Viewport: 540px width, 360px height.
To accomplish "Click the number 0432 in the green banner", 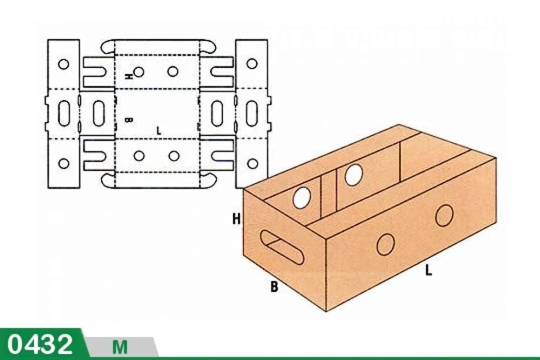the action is click(x=40, y=344).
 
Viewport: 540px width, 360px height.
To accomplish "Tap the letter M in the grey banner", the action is click(x=120, y=347).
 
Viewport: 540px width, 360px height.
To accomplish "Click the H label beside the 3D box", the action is click(x=237, y=219).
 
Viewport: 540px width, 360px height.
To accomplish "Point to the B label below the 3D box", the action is click(x=274, y=287).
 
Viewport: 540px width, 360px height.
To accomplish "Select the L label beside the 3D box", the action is click(x=428, y=269).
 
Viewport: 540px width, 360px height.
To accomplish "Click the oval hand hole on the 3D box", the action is click(x=282, y=247).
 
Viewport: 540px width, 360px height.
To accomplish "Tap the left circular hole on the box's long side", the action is click(x=386, y=244).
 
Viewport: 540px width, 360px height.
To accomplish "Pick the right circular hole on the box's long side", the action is click(x=444, y=215).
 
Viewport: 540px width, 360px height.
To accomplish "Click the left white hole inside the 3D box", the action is click(x=302, y=198).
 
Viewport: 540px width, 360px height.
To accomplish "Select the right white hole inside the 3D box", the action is click(x=354, y=175).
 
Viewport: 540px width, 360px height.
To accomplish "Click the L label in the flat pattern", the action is click(x=158, y=131).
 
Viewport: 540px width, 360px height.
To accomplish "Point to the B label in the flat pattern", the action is click(x=129, y=120).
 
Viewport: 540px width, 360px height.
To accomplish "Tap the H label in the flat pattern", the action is click(x=129, y=76).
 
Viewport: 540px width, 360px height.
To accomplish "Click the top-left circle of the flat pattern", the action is click(x=63, y=64).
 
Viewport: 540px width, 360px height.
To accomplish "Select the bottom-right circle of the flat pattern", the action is click(x=252, y=163).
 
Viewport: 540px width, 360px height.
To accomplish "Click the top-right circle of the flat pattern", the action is click(x=252, y=64).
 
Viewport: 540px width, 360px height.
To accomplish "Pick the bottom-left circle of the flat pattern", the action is click(x=63, y=163).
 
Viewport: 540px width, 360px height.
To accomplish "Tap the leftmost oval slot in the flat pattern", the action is click(x=63, y=113).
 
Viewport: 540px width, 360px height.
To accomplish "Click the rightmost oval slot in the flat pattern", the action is click(x=252, y=113).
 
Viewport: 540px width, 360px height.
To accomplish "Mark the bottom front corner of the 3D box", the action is click(x=326, y=311).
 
